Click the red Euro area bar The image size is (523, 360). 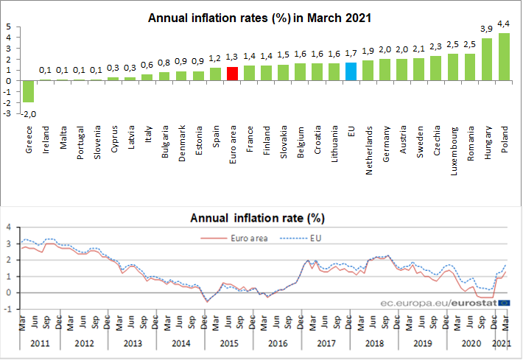click(232, 74)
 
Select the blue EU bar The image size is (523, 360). click(351, 71)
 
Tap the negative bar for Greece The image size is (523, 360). click(29, 91)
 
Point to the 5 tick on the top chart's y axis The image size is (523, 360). click(7, 26)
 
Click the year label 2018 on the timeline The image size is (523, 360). click(376, 342)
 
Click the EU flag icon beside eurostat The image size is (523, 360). click(504, 302)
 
